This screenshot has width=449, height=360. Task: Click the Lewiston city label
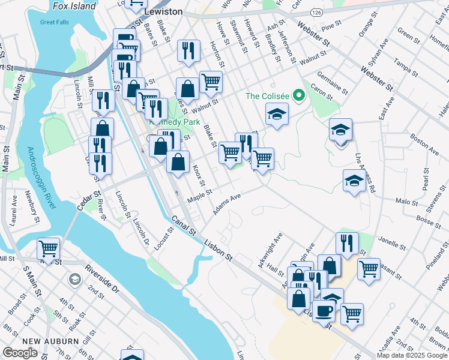(163, 11)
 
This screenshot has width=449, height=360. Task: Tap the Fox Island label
(74, 6)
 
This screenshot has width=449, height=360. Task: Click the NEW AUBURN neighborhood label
(53, 341)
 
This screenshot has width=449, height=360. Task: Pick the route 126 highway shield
(315, 11)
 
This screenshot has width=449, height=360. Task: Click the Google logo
(20, 353)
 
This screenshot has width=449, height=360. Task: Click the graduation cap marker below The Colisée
(277, 115)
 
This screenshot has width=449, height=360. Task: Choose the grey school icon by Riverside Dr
(74, 278)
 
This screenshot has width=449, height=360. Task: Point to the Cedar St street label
(88, 200)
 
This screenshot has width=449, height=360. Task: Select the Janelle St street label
(393, 242)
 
